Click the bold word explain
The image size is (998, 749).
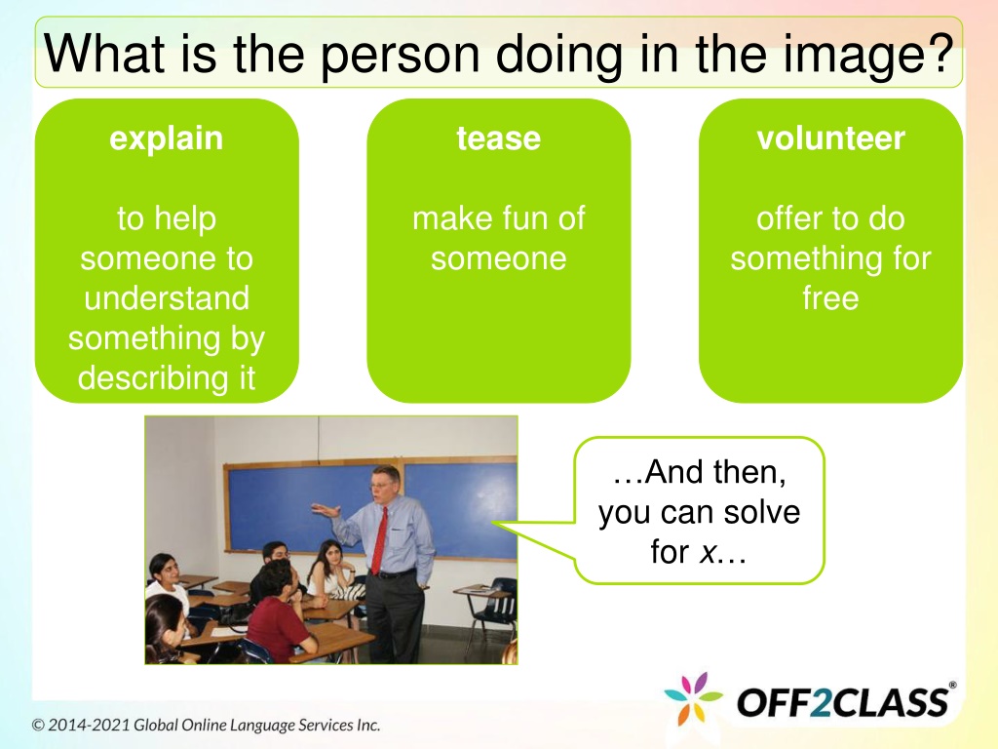(x=166, y=139)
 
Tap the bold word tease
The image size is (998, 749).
(x=498, y=138)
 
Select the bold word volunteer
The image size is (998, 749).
(x=830, y=138)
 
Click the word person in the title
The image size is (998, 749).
(x=400, y=56)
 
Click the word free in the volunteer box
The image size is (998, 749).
(x=830, y=297)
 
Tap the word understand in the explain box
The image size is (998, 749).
(x=167, y=297)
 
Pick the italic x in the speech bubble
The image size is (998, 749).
(x=707, y=552)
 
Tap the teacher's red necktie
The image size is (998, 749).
(x=379, y=540)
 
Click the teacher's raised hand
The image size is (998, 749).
(x=326, y=509)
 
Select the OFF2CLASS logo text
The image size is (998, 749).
(x=843, y=701)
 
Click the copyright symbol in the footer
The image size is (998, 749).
(x=38, y=726)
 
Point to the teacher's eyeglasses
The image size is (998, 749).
(x=381, y=484)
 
